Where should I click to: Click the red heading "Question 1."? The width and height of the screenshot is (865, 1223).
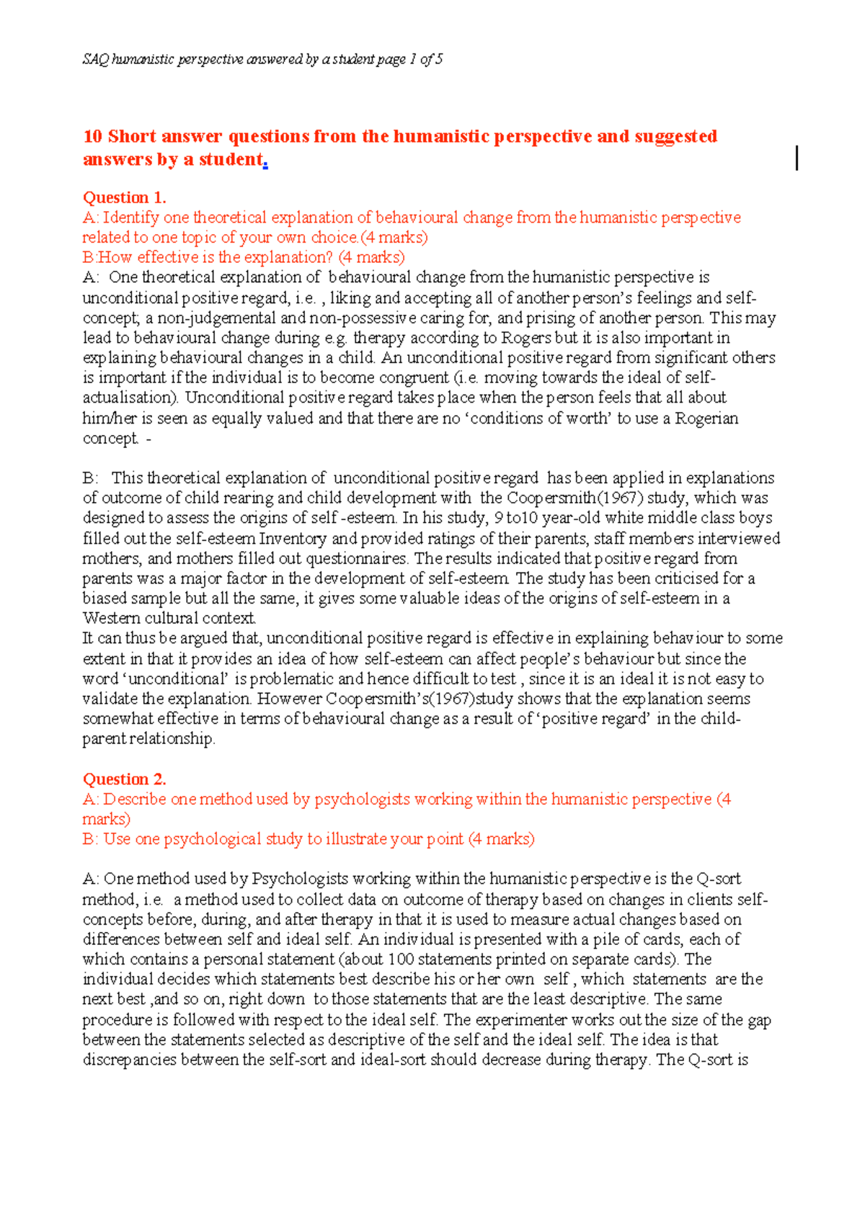click(x=124, y=197)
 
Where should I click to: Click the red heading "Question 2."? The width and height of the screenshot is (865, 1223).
click(x=124, y=779)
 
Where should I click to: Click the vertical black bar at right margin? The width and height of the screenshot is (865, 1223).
click(x=797, y=158)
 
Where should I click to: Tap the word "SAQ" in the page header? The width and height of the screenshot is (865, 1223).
click(x=95, y=59)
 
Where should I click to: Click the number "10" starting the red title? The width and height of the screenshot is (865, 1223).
click(x=93, y=136)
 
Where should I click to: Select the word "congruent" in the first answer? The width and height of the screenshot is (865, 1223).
click(x=414, y=377)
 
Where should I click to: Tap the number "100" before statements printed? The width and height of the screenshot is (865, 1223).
click(x=401, y=959)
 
